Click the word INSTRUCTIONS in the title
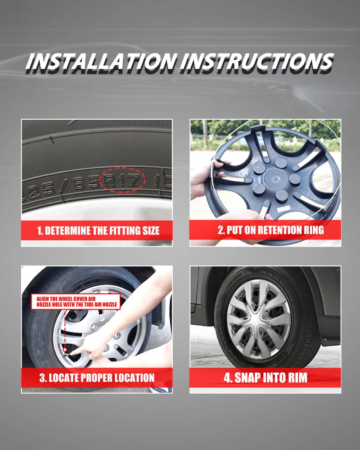pos(257,61)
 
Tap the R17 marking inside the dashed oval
pos(121,180)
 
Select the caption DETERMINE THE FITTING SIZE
pos(102,231)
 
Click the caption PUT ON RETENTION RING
pos(275,230)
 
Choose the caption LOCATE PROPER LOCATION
pos(102,378)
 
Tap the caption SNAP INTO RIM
pos(271,378)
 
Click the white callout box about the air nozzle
pos(76,301)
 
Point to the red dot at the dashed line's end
pos(65,350)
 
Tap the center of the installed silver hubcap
pos(259,319)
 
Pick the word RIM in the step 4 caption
pos(298,378)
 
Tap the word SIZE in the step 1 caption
pos(151,231)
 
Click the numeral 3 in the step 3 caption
pos(42,378)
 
